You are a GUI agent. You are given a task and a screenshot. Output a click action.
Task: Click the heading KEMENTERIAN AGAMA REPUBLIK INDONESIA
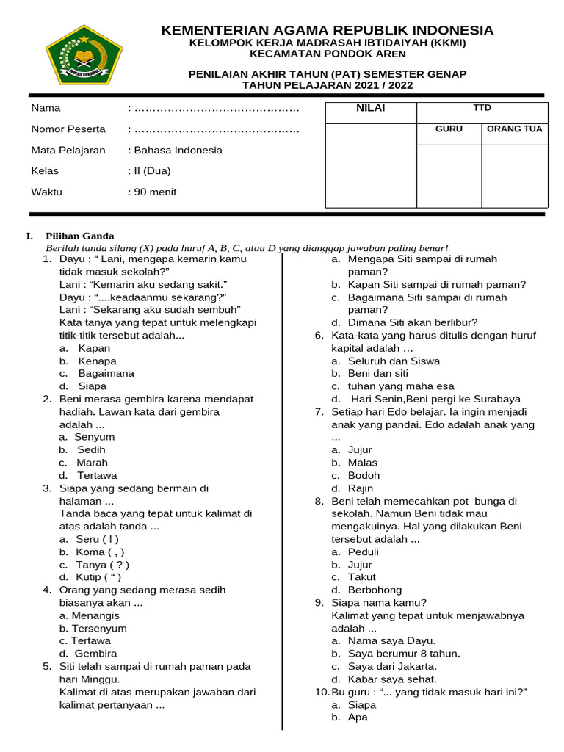(327, 30)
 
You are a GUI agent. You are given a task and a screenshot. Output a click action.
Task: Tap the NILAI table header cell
(370, 109)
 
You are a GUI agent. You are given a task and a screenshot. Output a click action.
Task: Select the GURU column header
(449, 129)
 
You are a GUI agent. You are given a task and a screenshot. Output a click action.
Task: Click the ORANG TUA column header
(514, 129)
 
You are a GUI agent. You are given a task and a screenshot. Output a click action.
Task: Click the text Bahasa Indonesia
(177, 150)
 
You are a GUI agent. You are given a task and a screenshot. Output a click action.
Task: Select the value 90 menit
(155, 192)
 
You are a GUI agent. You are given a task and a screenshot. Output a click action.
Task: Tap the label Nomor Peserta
(68, 129)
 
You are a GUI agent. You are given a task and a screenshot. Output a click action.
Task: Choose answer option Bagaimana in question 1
(106, 373)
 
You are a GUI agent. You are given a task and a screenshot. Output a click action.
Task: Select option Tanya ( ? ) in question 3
(102, 565)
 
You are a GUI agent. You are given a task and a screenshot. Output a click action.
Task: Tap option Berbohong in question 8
(375, 590)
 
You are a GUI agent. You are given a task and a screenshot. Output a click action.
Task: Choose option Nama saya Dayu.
(391, 640)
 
